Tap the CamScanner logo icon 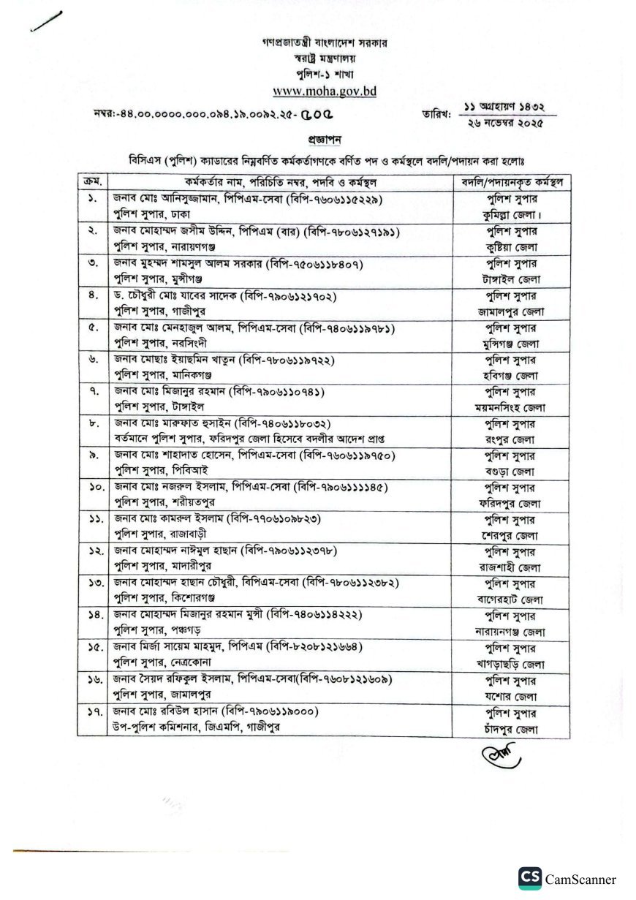tap(530, 879)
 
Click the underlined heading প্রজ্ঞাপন tap(325, 139)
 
